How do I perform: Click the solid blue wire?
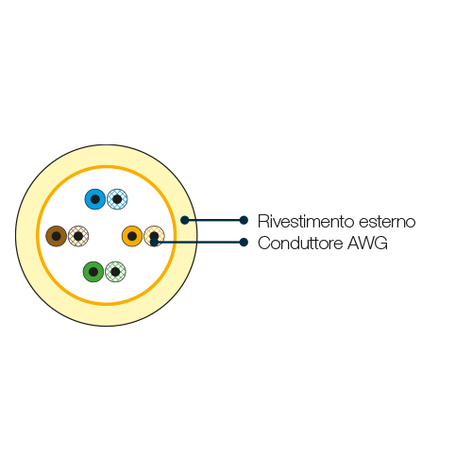pyautogui.click(x=95, y=199)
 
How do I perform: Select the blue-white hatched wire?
pyautogui.click(x=117, y=199)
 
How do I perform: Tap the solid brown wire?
pyautogui.click(x=57, y=236)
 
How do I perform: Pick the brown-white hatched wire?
pyautogui.click(x=78, y=236)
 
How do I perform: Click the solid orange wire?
pyautogui.click(x=132, y=236)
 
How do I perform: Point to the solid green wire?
pyautogui.click(x=93, y=272)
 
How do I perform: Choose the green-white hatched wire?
pyautogui.click(x=115, y=272)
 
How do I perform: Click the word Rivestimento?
pyautogui.click(x=306, y=221)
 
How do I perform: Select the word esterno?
pyautogui.click(x=387, y=222)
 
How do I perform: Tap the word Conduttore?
pyautogui.click(x=300, y=244)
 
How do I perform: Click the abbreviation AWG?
pyautogui.click(x=367, y=244)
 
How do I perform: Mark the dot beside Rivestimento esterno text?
pyautogui.click(x=244, y=220)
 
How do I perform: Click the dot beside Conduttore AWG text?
pyautogui.click(x=244, y=243)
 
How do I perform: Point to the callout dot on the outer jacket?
pyautogui.click(x=185, y=220)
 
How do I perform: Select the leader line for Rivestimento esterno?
pyautogui.click(x=214, y=220)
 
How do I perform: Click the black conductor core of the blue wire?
pyautogui.click(x=95, y=199)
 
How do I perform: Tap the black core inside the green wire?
pyautogui.click(x=93, y=272)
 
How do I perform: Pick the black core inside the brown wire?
pyautogui.click(x=57, y=236)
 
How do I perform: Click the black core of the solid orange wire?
pyautogui.click(x=132, y=236)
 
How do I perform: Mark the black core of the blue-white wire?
pyautogui.click(x=117, y=199)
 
